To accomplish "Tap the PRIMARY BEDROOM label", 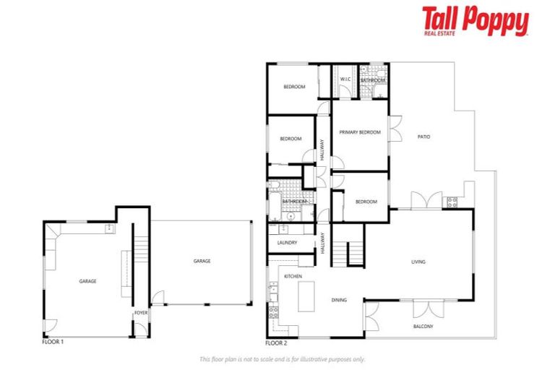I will pyautogui.click(x=360, y=132).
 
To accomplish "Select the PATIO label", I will pyautogui.click(x=424, y=137).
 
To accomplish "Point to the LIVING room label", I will pyautogui.click(x=418, y=262).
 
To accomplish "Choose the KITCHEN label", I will pyautogui.click(x=292, y=277).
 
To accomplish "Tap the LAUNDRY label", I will pyautogui.click(x=287, y=244).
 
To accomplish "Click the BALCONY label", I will pyautogui.click(x=423, y=327).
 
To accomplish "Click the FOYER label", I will pyautogui.click(x=141, y=313).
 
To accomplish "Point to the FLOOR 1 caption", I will pyautogui.click(x=53, y=342).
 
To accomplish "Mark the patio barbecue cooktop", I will pyautogui.click(x=453, y=202).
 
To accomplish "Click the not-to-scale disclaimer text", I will pyautogui.click(x=282, y=359).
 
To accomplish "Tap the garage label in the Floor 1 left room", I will pyautogui.click(x=87, y=281).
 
